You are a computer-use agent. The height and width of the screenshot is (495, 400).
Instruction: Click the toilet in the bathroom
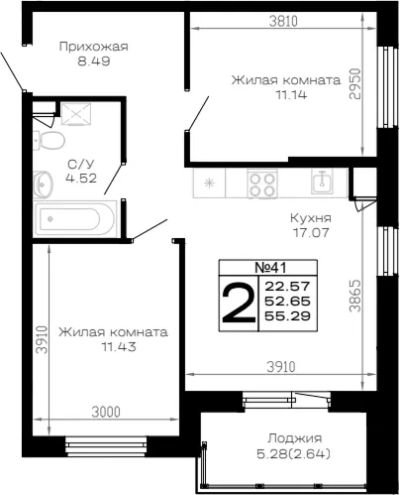(49, 141)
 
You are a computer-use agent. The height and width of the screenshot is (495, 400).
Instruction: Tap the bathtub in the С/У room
(75, 219)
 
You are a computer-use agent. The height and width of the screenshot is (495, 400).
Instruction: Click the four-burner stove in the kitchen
(262, 184)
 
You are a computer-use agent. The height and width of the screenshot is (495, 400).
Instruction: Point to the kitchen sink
(323, 181)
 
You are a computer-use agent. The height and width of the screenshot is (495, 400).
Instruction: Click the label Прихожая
(94, 47)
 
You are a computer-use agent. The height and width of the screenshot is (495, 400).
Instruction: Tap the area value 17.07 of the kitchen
(311, 233)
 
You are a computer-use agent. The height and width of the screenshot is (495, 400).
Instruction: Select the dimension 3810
(283, 21)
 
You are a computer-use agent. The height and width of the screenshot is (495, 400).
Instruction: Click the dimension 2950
(354, 83)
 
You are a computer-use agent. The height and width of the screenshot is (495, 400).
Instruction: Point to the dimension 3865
(355, 296)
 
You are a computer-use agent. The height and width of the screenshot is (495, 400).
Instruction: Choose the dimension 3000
(106, 412)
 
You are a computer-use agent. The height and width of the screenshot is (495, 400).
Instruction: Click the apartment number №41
(270, 268)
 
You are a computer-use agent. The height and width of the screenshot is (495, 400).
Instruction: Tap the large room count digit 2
(239, 303)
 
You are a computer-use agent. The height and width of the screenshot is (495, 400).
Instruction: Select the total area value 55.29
(287, 316)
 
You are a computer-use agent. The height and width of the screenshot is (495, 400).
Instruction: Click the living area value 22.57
(287, 286)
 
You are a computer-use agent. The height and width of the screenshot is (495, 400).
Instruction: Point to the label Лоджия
(294, 438)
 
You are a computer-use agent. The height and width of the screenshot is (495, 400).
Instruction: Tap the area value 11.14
(291, 95)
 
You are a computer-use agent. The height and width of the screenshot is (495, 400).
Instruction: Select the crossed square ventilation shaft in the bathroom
(76, 114)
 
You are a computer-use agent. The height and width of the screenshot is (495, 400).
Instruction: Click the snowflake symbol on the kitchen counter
(209, 183)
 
